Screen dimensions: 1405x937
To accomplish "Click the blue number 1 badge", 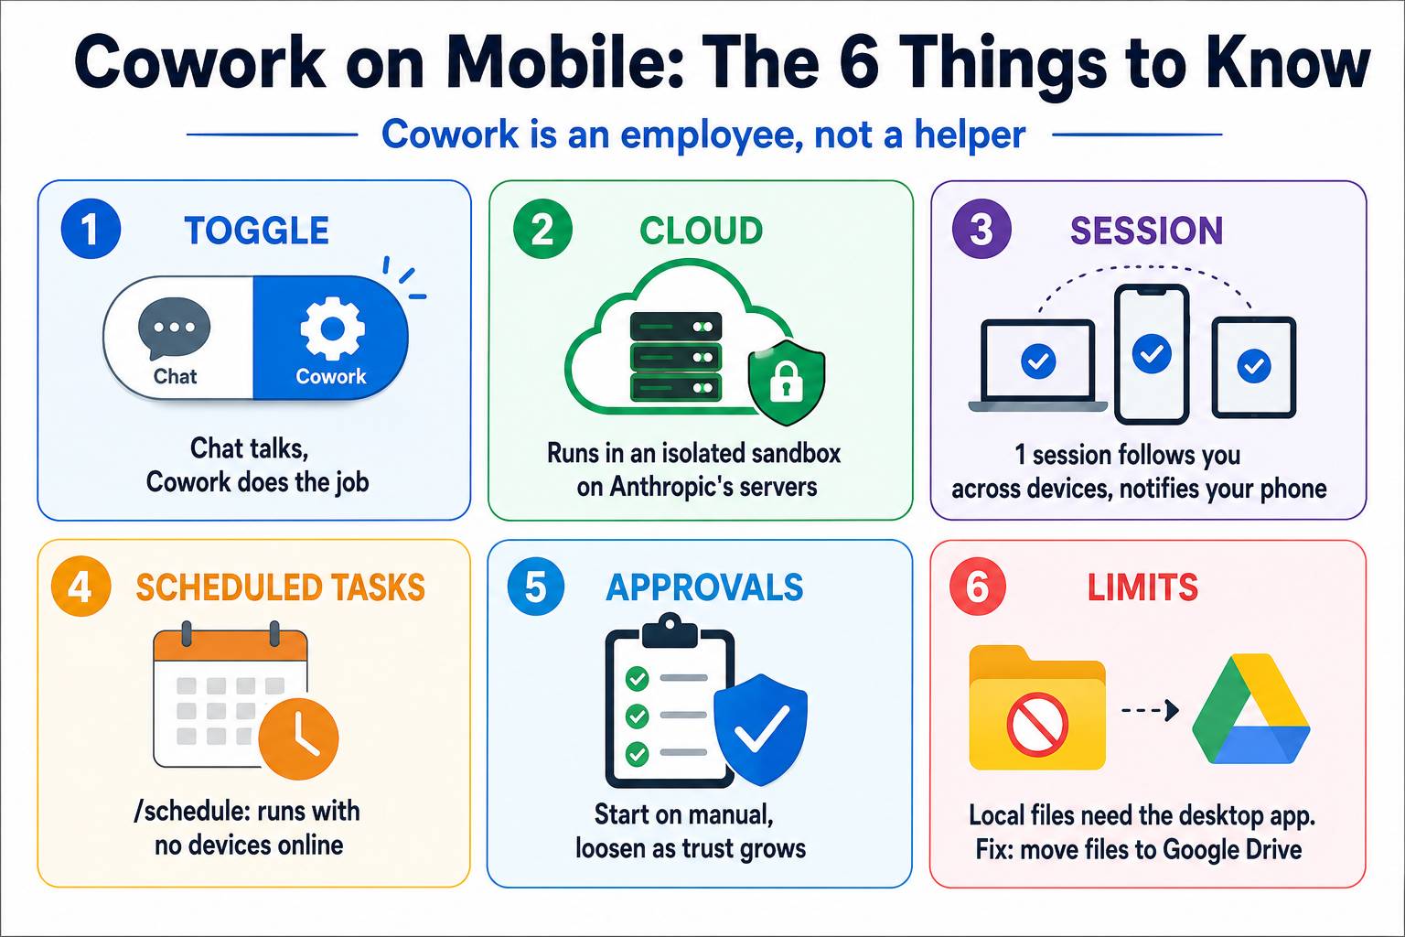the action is coord(91,229).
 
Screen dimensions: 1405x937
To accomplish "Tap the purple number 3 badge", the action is coord(981,229).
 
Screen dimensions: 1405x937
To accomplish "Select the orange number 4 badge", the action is coord(80,587).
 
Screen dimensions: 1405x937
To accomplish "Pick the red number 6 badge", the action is coord(978,587).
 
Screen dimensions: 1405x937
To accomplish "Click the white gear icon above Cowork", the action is coord(332,328).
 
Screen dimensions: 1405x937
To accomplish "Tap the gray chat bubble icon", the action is coord(175,328).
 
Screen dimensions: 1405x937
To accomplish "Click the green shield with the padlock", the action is coord(787,382).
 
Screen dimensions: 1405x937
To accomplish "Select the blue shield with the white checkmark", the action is coord(760,729).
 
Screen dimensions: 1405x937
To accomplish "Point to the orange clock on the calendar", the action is coord(298,738).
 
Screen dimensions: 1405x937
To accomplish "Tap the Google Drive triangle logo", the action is coord(1250,708).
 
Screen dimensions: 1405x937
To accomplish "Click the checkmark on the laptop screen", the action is coord(1038,361).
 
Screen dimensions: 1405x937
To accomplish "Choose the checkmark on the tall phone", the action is coord(1152,354).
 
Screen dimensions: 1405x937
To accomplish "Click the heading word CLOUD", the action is coord(702,231).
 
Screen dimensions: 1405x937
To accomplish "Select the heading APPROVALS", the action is coord(704,587).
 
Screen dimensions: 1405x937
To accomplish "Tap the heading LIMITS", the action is coord(1142,587).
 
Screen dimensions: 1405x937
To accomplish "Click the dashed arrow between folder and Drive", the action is coord(1150,710).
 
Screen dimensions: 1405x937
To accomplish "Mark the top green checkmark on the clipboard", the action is coord(638,678).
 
